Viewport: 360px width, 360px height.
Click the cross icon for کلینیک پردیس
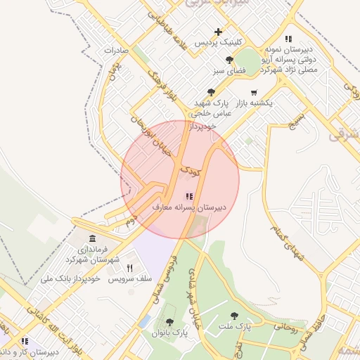coord(219,32)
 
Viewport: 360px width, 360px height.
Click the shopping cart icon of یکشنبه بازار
coord(254,92)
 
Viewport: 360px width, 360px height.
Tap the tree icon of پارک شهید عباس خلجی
coord(211,92)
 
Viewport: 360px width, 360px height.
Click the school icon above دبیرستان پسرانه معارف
coord(188,196)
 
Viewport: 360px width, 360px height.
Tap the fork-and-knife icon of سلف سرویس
coord(129,268)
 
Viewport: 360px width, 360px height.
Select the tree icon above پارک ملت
coord(234,316)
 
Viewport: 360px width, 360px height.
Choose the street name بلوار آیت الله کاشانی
coord(60,328)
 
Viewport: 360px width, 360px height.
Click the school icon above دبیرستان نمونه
coord(288,39)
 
